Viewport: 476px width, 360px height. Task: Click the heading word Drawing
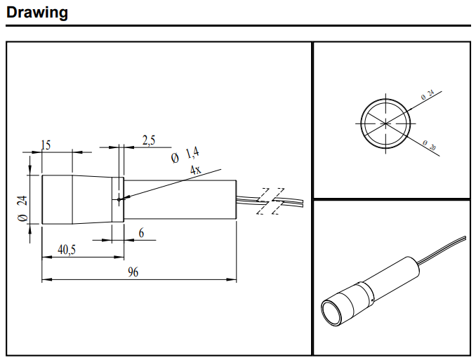(x=37, y=12)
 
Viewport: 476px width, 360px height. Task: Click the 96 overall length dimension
(x=133, y=272)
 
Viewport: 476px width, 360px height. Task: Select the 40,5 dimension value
(x=67, y=249)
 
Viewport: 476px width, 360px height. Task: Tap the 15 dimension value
(x=46, y=145)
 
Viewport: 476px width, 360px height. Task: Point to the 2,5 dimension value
(x=149, y=140)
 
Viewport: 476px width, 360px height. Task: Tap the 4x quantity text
(x=194, y=169)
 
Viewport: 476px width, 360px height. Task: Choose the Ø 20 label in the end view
(x=430, y=147)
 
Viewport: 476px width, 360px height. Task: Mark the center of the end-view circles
(x=385, y=122)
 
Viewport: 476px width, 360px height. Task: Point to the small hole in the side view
(x=120, y=199)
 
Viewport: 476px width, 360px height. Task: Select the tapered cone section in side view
(x=93, y=200)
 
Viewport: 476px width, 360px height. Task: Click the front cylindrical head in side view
(x=57, y=200)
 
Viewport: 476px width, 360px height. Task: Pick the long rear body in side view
(x=180, y=200)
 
